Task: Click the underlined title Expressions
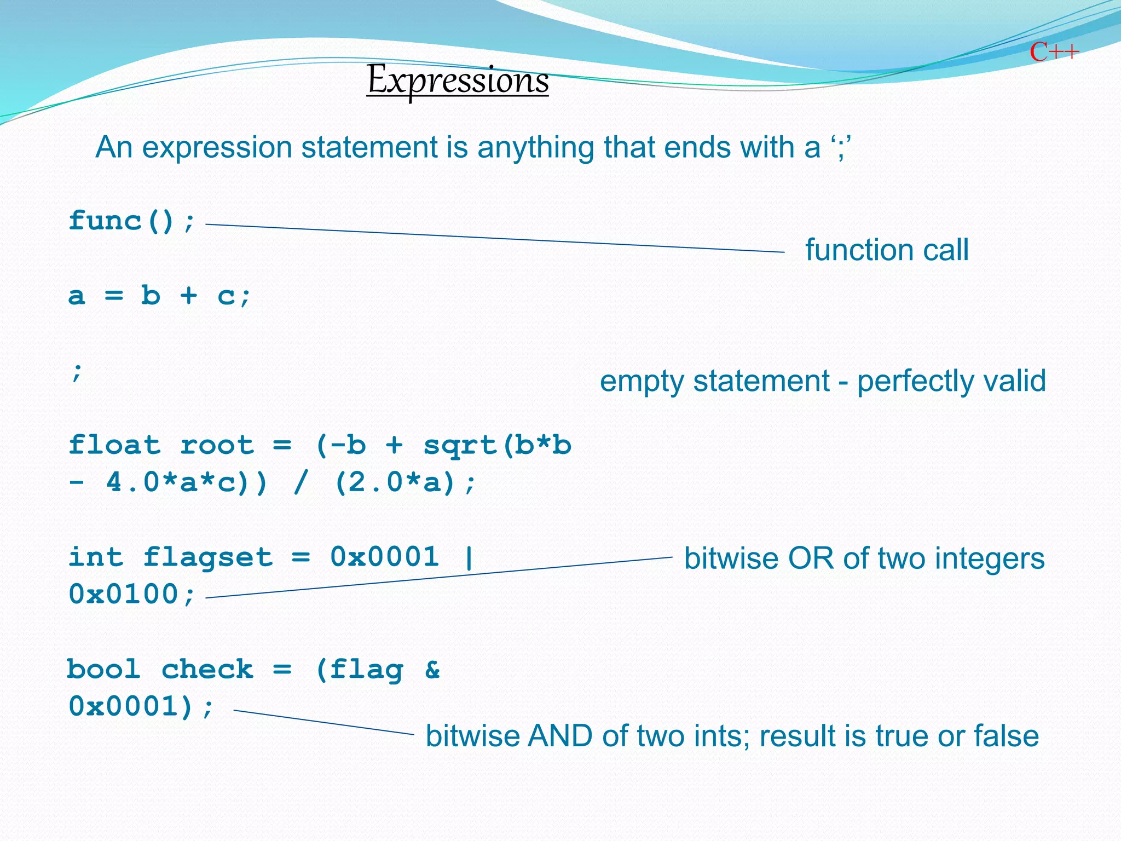[x=458, y=80]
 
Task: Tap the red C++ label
[x=1054, y=53]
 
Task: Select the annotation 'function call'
[x=887, y=250]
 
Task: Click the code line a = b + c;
[x=159, y=296]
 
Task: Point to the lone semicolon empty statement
[x=77, y=372]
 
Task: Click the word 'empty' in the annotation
[x=641, y=382]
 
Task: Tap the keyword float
[x=114, y=445]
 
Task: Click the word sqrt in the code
[x=460, y=446]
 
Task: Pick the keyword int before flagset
[x=96, y=557]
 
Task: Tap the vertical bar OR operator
[x=469, y=557]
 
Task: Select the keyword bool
[x=104, y=669]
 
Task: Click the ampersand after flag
[x=432, y=669]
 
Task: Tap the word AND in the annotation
[x=559, y=736]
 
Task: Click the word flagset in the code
[x=207, y=558]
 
